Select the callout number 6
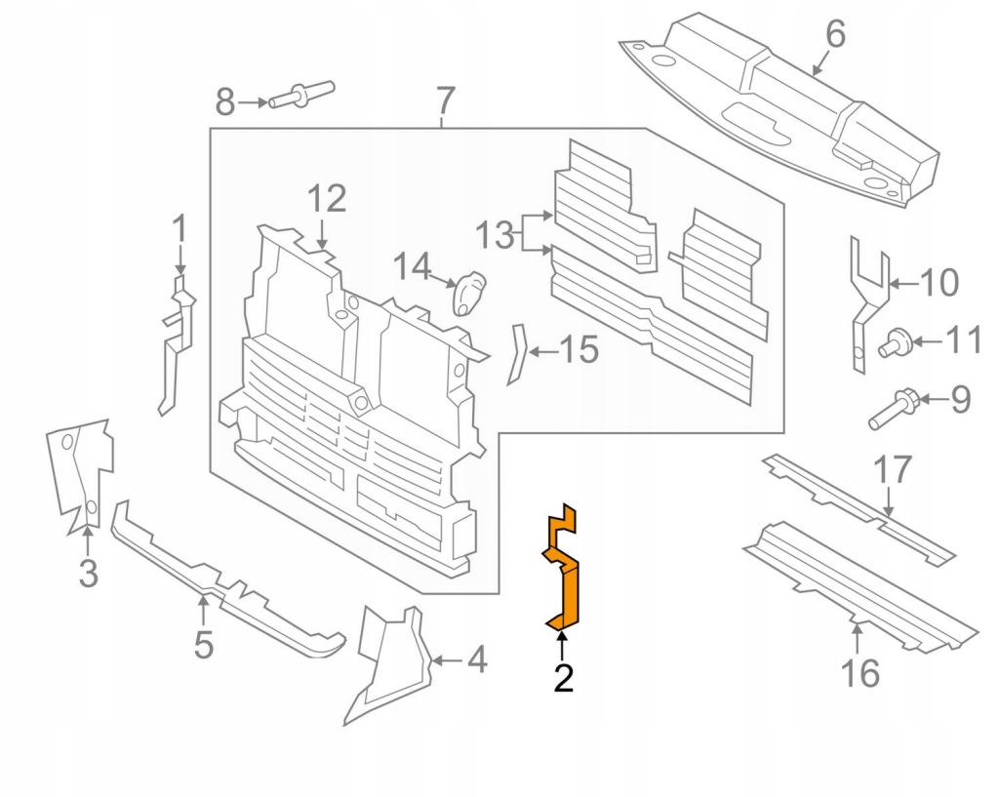tap(835, 35)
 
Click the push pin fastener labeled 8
tap(301, 95)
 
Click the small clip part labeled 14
tap(470, 292)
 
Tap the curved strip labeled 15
tap(516, 354)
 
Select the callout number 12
tap(327, 199)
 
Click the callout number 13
tap(494, 235)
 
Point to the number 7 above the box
tap(444, 100)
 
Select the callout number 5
tap(203, 644)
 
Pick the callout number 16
tap(859, 672)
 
